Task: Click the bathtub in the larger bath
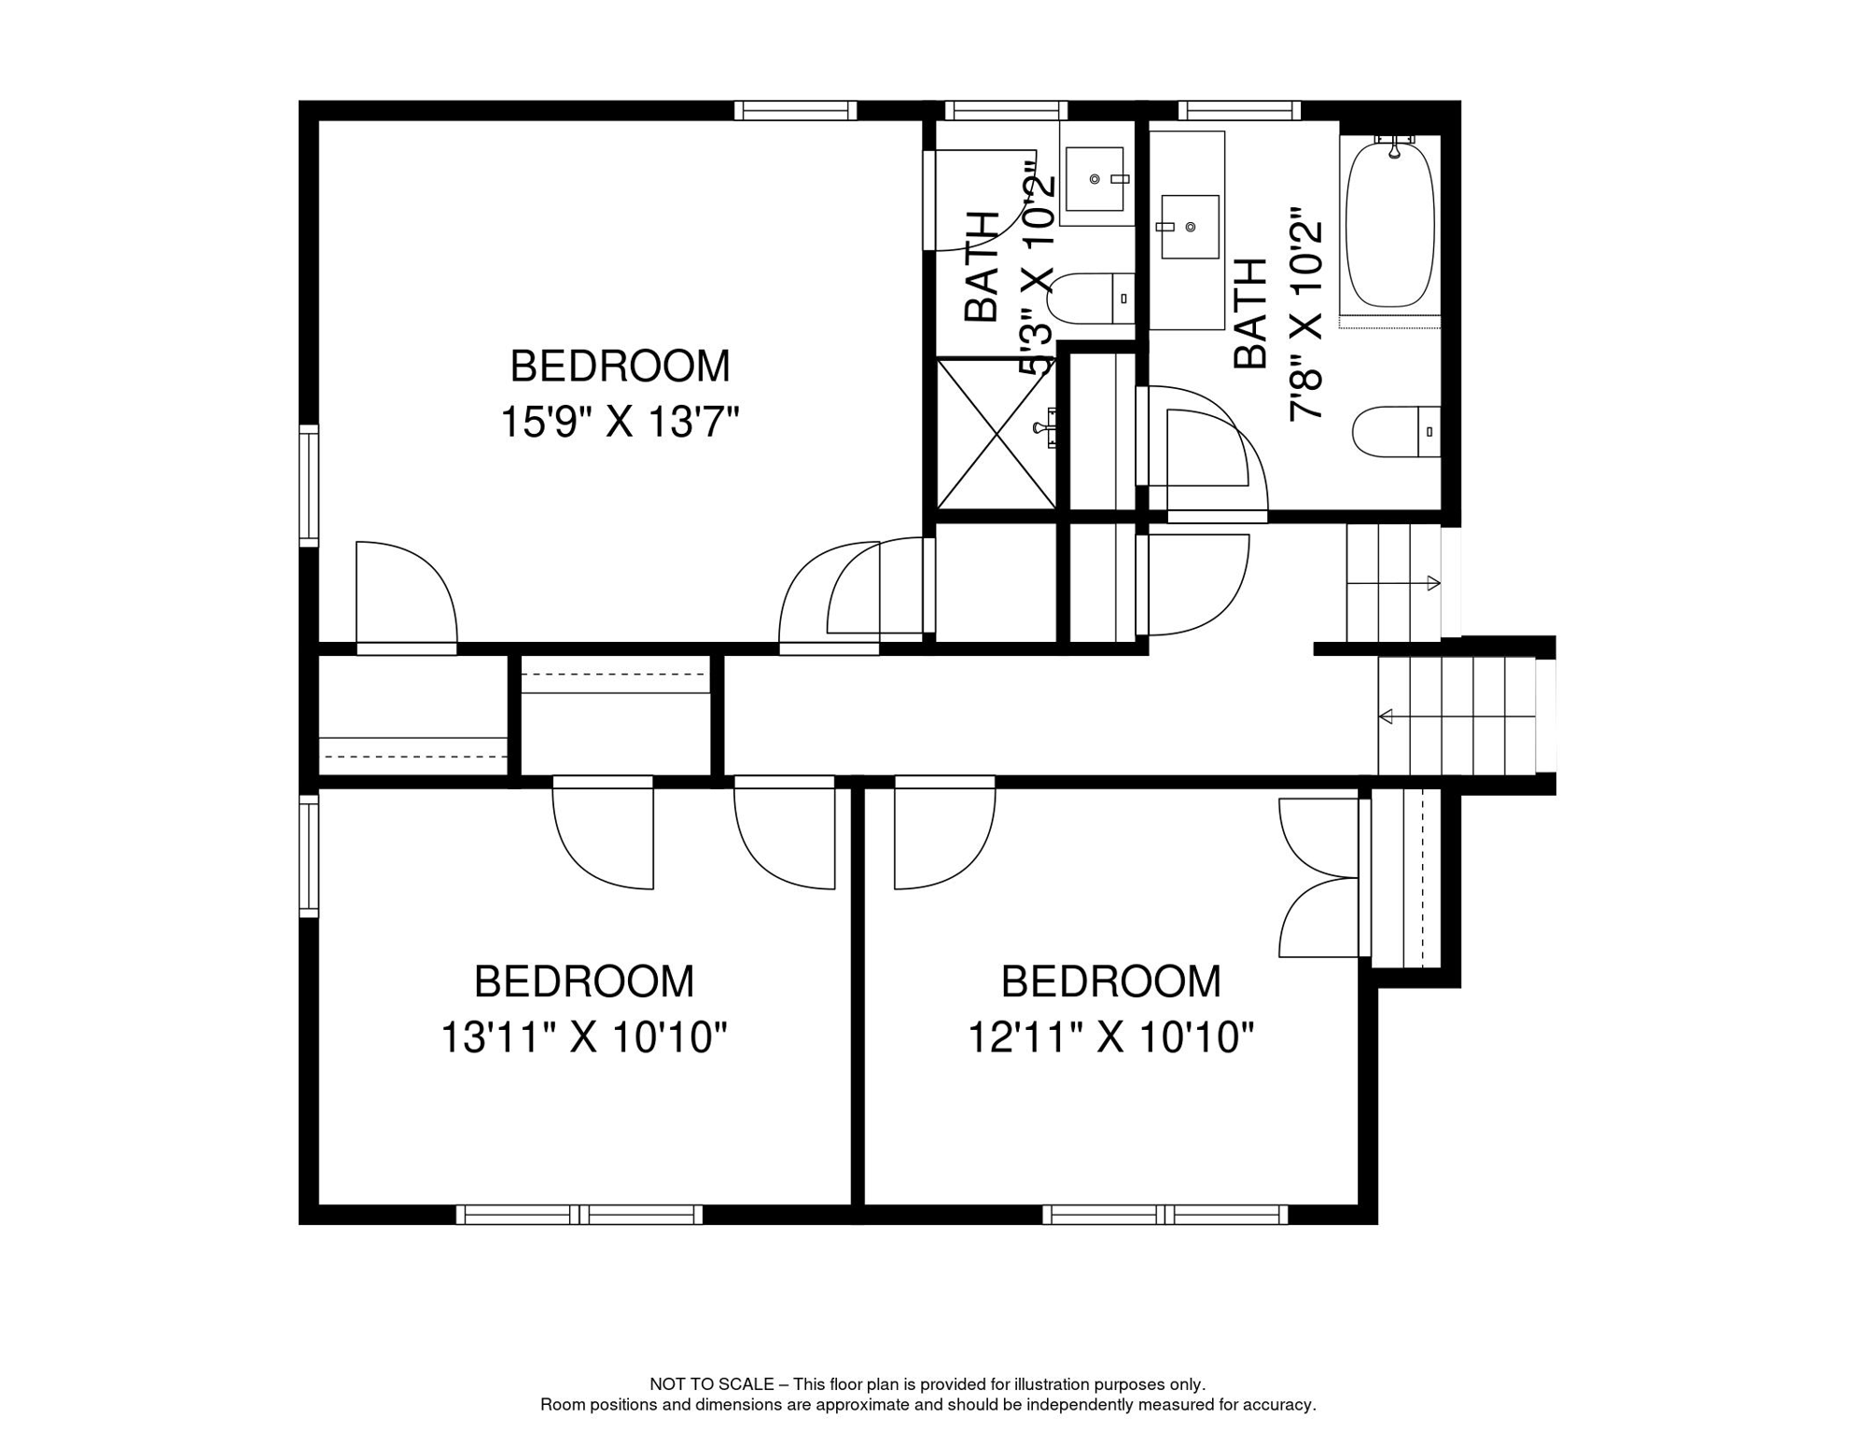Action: pyautogui.click(x=1389, y=224)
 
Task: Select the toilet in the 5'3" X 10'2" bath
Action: pyautogui.click(x=1088, y=299)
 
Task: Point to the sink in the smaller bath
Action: pyautogui.click(x=1095, y=178)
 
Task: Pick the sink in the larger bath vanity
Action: pyautogui.click(x=1190, y=227)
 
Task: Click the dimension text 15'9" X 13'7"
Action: pyautogui.click(x=620, y=422)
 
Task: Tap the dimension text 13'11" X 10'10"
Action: pyautogui.click(x=583, y=1037)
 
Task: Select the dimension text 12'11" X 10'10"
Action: pyautogui.click(x=1110, y=1037)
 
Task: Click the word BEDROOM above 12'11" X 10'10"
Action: pyautogui.click(x=1110, y=981)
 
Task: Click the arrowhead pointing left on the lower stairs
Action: pyautogui.click(x=1386, y=716)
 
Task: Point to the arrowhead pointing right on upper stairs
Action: pyautogui.click(x=1434, y=584)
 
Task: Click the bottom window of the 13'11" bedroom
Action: pyautogui.click(x=579, y=1215)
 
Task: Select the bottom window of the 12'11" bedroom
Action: pyautogui.click(x=1165, y=1215)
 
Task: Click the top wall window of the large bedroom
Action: pyautogui.click(x=795, y=111)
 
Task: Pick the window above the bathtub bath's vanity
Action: pyautogui.click(x=1239, y=111)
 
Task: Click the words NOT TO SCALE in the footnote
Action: pyautogui.click(x=711, y=1384)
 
